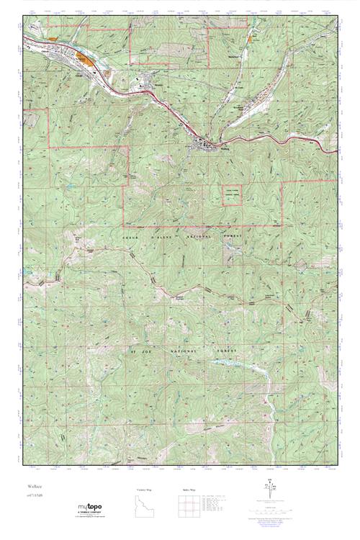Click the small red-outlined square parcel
click(x=230, y=194)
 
